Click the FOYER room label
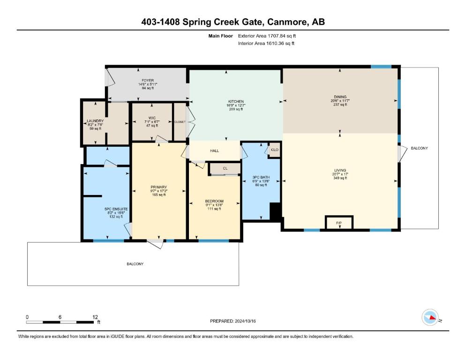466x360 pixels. point(148,80)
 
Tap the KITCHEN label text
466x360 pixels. point(235,101)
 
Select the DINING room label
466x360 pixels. point(340,97)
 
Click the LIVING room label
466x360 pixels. point(340,171)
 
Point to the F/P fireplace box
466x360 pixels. point(339,223)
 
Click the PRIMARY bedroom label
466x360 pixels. point(158,187)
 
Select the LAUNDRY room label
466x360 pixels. point(95,121)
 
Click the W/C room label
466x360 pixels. point(152,118)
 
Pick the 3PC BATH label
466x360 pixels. point(260,177)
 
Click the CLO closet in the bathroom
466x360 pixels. point(274,150)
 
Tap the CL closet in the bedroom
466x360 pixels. point(225,168)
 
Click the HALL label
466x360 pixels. point(215,151)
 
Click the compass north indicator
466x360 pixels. point(430,318)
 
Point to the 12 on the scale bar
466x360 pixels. point(96,317)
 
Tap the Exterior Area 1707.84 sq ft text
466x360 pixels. point(267,35)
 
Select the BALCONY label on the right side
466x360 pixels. point(419,148)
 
